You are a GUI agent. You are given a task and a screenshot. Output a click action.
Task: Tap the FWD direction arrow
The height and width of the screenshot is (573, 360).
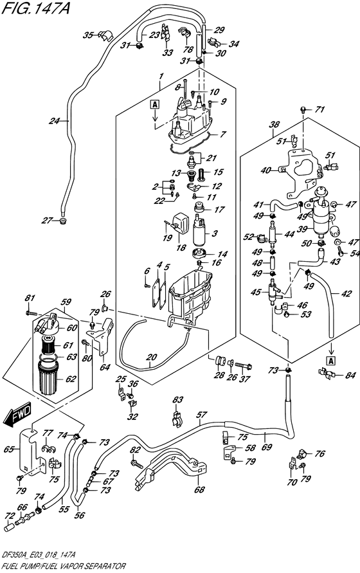pyautogui.click(x=17, y=415)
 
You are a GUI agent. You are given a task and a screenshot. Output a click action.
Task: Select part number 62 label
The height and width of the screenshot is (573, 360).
pyautogui.click(x=70, y=379)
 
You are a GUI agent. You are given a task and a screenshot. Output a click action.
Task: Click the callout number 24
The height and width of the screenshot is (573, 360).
pyautogui.click(x=55, y=120)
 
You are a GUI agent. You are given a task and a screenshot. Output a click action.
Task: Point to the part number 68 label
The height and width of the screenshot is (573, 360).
pyautogui.click(x=199, y=489)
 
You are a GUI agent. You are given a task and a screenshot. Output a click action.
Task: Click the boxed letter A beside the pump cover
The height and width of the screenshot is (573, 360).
pyautogui.click(x=155, y=105)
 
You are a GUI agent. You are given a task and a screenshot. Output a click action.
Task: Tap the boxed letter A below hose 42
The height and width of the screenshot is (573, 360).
pyautogui.click(x=332, y=361)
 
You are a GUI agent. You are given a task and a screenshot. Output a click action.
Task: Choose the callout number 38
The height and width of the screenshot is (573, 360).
pyautogui.click(x=274, y=125)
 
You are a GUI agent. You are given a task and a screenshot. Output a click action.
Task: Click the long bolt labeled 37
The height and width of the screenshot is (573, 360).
pyautogui.click(x=244, y=365)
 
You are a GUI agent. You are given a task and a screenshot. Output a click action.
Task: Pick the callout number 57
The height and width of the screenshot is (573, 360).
pyautogui.click(x=201, y=415)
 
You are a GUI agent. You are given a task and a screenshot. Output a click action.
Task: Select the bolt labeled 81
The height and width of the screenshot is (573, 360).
pyautogui.click(x=32, y=313)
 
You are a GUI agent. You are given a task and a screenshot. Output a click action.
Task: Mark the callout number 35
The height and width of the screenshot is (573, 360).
pyautogui.click(x=88, y=35)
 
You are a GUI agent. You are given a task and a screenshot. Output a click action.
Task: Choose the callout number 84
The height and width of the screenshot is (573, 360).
pyautogui.click(x=350, y=376)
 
